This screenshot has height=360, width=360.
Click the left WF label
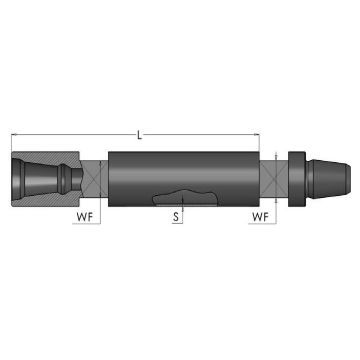click(86, 213)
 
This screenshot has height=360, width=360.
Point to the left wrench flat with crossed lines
click(91, 177)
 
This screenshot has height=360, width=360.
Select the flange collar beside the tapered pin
click(296, 177)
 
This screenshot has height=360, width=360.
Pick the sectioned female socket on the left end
click(46, 177)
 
